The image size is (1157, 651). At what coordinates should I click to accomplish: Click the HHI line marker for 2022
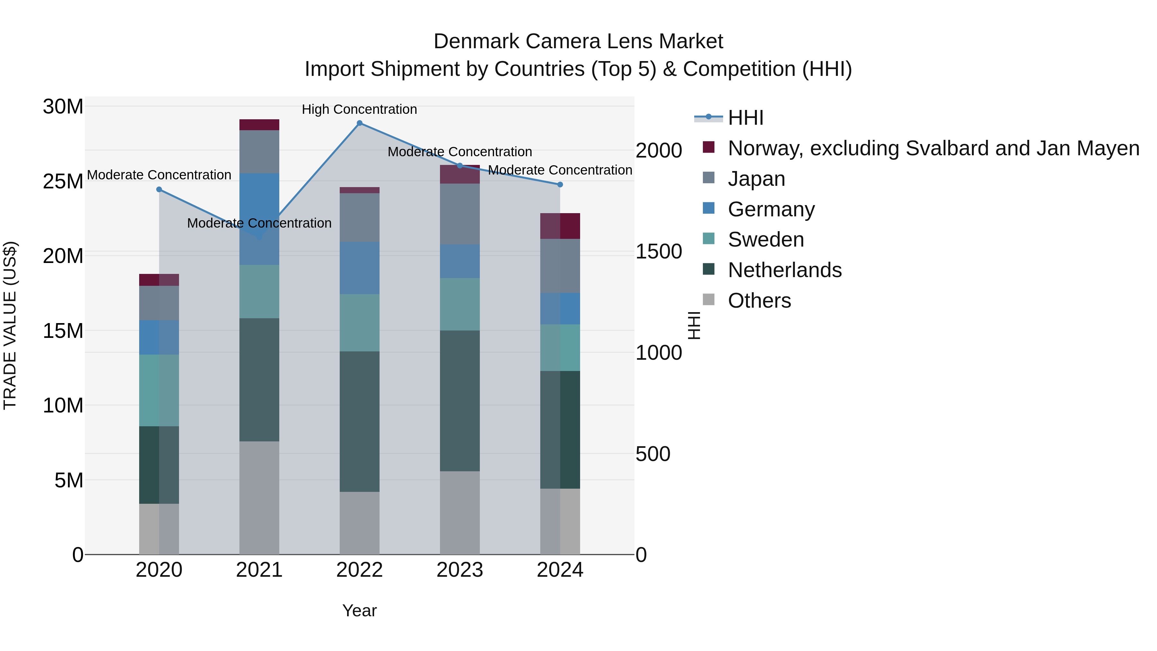click(x=359, y=123)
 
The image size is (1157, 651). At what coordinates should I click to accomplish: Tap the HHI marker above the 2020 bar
click(x=159, y=190)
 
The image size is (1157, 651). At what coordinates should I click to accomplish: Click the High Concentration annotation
click(x=359, y=110)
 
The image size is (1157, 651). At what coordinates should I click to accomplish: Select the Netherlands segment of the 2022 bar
click(x=359, y=421)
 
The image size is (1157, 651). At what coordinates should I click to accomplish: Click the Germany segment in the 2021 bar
click(x=259, y=219)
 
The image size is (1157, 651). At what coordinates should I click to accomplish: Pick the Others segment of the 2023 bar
click(x=460, y=513)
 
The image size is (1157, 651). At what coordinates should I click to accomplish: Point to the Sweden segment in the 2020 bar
click(x=159, y=390)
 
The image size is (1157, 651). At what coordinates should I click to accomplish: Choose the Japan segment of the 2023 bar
click(x=460, y=214)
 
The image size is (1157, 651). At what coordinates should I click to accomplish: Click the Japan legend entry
click(x=756, y=179)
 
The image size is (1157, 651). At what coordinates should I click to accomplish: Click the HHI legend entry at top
click(x=746, y=118)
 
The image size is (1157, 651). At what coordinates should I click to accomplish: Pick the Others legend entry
click(x=759, y=301)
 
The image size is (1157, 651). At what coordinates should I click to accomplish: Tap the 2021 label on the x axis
click(x=259, y=570)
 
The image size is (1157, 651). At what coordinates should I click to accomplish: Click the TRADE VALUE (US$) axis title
click(x=10, y=325)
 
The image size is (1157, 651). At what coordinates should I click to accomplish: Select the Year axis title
click(x=359, y=610)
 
